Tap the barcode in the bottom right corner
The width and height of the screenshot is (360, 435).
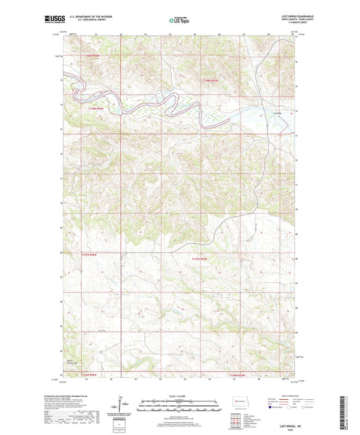tap(346, 409)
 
